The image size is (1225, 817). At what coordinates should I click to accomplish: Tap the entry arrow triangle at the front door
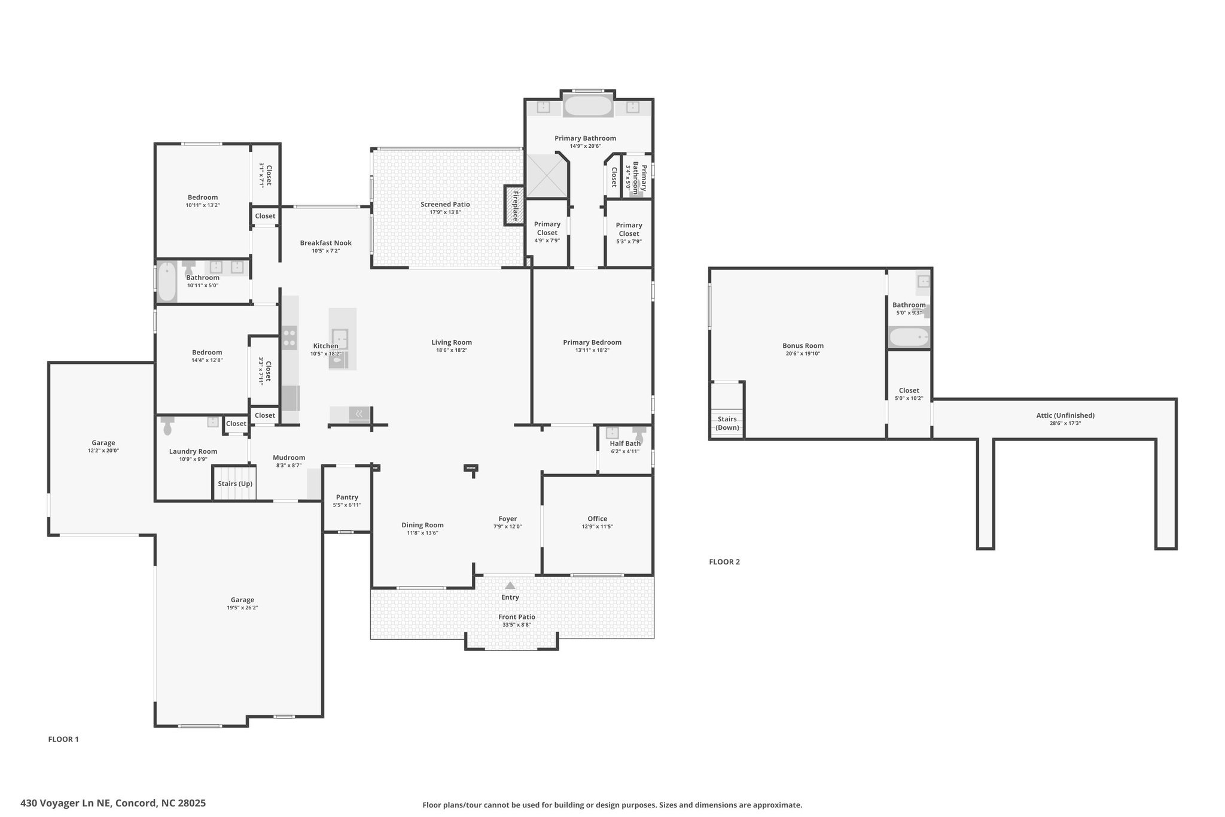510,585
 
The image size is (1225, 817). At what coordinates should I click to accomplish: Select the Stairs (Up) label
235,484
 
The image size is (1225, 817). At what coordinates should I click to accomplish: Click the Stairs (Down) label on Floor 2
728,423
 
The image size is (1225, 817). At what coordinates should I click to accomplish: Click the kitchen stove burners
290,337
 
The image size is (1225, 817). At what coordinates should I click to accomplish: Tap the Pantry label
347,497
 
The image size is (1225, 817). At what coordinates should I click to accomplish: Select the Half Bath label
625,444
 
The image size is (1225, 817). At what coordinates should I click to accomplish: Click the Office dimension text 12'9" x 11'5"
598,527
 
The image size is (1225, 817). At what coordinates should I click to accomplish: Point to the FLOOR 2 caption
724,562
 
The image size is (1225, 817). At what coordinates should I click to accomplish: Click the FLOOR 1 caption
63,739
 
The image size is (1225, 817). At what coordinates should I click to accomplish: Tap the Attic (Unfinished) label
1065,415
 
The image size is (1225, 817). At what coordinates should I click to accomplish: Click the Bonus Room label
803,345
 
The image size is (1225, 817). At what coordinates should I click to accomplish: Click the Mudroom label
290,457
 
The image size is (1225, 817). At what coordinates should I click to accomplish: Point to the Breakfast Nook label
326,243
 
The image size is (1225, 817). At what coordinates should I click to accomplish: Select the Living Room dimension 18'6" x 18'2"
452,350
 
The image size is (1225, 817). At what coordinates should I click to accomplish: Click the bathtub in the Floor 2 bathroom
909,338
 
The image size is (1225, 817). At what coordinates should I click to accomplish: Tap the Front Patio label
517,616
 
